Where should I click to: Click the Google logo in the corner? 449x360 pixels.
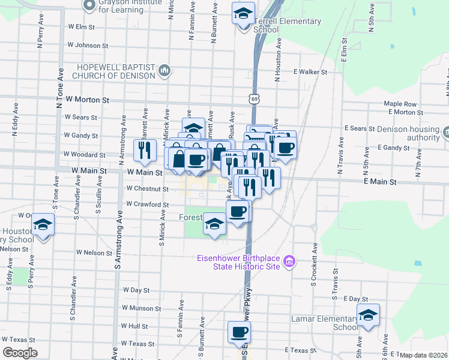(x=20, y=353)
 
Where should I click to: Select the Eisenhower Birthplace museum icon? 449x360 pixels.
(x=289, y=262)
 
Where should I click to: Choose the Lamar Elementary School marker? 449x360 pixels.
(x=368, y=315)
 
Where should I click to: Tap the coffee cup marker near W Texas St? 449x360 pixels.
(x=239, y=332)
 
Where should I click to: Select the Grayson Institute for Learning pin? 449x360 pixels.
(x=90, y=6)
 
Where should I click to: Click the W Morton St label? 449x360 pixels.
(x=88, y=100)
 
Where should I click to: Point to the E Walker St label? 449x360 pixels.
(x=310, y=72)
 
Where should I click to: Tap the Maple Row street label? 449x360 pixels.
(x=400, y=104)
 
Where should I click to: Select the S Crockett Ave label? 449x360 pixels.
(x=313, y=265)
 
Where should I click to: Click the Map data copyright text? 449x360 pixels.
(x=423, y=355)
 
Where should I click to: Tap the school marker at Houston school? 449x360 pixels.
(x=43, y=225)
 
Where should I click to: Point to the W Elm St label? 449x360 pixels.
(x=82, y=27)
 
